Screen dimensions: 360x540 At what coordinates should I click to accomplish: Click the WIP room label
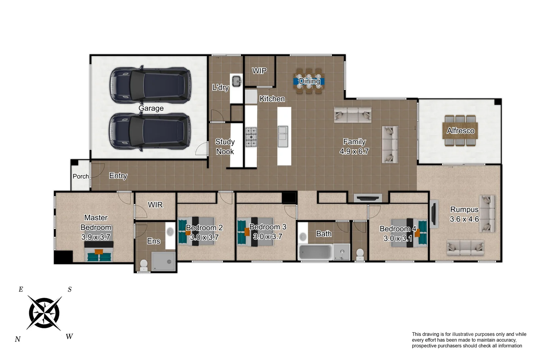259,71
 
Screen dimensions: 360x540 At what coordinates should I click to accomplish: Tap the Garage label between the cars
151,108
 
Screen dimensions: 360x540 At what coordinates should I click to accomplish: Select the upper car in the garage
150,85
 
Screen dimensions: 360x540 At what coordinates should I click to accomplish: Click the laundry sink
236,81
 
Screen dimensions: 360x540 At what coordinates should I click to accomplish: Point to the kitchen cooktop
251,137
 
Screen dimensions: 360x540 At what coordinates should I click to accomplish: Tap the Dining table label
309,81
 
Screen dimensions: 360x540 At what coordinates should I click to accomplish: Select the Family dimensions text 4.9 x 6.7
354,151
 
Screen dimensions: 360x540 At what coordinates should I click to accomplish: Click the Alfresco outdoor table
460,131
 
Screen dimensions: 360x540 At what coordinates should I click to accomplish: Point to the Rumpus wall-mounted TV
434,214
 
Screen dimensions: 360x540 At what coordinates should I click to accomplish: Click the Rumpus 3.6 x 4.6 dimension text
464,219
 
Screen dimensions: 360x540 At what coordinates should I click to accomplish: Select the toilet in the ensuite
144,265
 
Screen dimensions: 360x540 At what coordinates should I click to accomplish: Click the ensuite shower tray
163,261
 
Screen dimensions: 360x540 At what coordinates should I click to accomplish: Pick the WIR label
155,205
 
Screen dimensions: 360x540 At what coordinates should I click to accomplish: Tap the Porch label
81,176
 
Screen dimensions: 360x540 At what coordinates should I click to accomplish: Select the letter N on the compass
18,339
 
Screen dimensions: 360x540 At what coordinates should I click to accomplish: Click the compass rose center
44,313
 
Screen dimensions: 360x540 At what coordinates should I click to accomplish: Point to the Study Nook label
225,147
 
